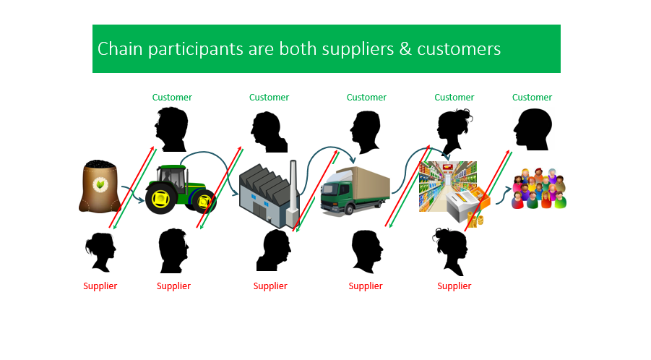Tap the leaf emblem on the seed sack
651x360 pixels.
point(99,185)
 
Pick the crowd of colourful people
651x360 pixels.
point(539,189)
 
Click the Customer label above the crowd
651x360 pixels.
point(532,98)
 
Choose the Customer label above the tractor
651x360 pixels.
point(172,98)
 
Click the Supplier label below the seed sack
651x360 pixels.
point(100,286)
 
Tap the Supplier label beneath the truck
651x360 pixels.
point(366,286)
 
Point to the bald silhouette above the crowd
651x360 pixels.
point(533,130)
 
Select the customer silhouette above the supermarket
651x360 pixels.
point(454,130)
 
